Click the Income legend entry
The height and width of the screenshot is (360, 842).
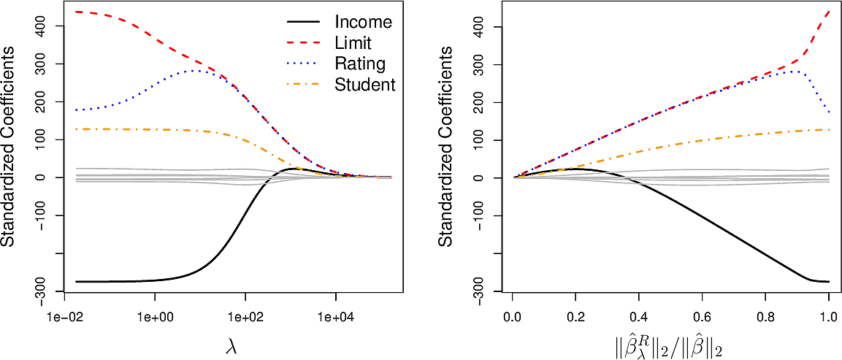tap(363, 22)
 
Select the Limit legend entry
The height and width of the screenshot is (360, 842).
tap(353, 43)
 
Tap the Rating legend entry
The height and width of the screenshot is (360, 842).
tap(359, 64)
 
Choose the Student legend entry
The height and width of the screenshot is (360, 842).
tap(364, 85)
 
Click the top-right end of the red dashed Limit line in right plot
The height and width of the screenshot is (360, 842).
tap(829, 12)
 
